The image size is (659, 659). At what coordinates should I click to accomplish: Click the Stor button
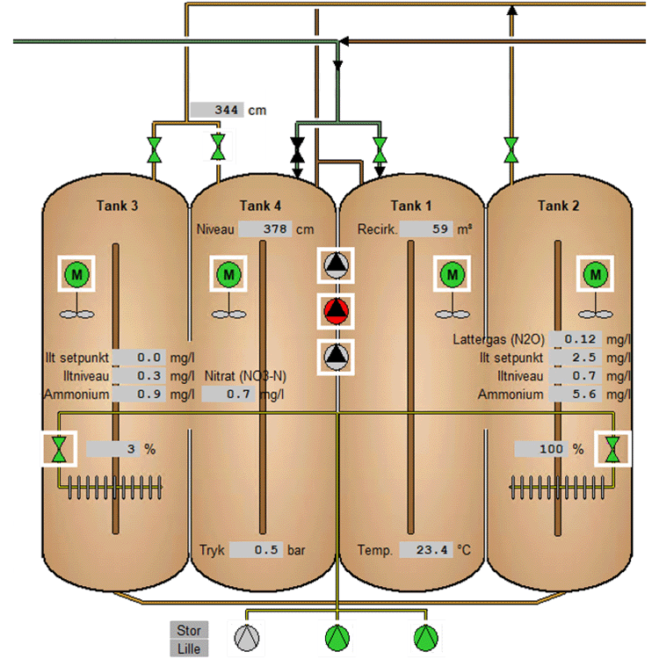(189, 630)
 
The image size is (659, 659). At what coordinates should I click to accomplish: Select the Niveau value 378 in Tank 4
(264, 230)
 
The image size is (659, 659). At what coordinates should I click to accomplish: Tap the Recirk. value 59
(426, 230)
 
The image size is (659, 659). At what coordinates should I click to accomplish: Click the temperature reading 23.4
(425, 550)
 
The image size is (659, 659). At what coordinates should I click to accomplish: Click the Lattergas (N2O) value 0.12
(579, 339)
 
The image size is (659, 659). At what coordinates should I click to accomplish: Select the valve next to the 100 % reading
(612, 449)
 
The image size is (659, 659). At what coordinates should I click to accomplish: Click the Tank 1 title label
(411, 206)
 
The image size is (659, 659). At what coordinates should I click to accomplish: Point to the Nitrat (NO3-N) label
(246, 376)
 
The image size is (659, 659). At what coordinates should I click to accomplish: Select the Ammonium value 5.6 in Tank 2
(579, 395)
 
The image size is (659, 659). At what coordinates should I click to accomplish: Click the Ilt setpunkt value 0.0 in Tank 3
(140, 358)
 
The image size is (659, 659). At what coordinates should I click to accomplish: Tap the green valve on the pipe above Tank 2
(510, 149)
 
